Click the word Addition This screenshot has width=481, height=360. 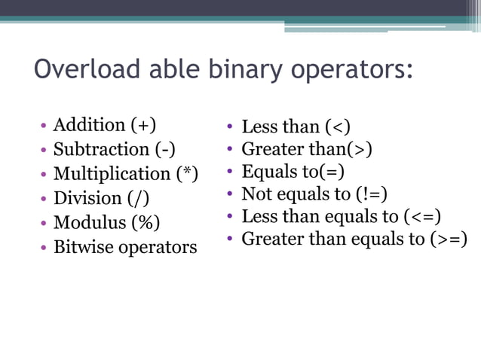point(89,125)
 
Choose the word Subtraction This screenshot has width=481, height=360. point(101,149)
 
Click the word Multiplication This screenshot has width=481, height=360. point(113,174)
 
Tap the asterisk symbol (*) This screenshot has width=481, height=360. point(187,174)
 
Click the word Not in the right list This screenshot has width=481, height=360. point(254,194)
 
